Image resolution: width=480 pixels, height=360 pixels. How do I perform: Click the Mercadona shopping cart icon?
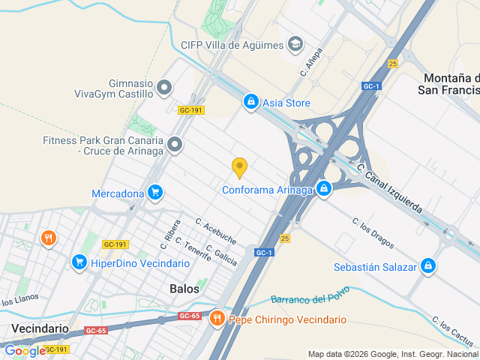pos(155,193)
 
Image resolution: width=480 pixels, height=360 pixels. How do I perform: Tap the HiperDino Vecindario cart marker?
pos(79,262)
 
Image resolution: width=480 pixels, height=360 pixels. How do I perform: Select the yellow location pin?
pos(239,168)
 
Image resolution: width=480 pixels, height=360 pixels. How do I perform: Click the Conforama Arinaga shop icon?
pos(323,189)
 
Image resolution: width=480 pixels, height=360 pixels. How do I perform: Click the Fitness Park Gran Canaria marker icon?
pos(175,143)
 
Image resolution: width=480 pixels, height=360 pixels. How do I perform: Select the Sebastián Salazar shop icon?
pos(428,266)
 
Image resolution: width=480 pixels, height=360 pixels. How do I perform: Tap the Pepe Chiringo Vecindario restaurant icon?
pos(217,319)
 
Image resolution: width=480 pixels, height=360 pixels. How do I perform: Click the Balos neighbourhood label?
pos(184,289)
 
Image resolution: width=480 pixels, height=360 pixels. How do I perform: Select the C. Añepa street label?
pos(311,64)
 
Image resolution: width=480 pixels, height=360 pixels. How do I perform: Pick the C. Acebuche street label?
pos(216,232)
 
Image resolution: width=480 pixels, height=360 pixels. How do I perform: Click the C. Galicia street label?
pos(221,255)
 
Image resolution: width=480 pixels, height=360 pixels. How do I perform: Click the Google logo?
pos(25,351)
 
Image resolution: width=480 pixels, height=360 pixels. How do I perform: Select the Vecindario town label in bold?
pos(40,328)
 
